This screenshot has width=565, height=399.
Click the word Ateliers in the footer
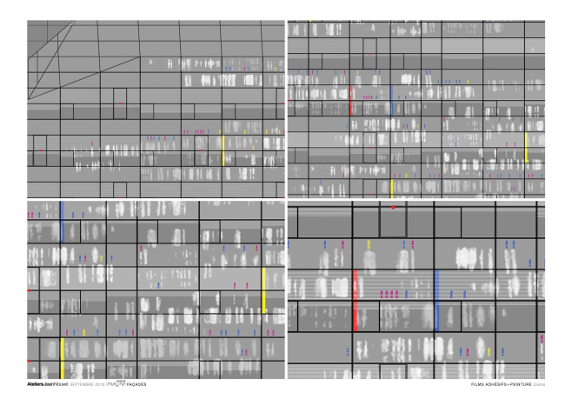37,383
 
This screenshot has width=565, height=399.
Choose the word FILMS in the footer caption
475,383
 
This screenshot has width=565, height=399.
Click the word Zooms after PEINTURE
537,383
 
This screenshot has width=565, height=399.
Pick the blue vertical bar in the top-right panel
392,99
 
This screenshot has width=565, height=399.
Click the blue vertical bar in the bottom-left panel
62,221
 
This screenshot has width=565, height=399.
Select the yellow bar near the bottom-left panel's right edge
263,289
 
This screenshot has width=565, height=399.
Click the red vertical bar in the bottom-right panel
356,300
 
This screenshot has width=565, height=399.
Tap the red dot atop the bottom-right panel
393,207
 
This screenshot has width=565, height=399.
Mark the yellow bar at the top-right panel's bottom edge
391,189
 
